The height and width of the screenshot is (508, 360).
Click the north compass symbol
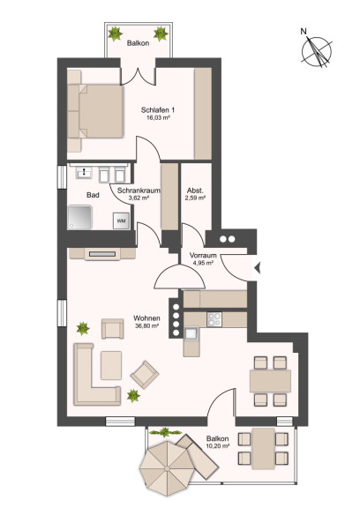[x=317, y=51]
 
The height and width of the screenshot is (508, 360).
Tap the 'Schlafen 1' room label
[x=158, y=110]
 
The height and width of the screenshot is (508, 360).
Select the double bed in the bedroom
[x=95, y=111]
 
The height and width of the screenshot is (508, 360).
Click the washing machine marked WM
[x=121, y=221]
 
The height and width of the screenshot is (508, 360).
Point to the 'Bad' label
[x=93, y=195]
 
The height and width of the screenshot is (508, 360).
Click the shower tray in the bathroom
[x=79, y=217]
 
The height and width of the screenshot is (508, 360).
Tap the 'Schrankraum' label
[x=139, y=190]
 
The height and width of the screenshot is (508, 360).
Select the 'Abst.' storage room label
[x=195, y=190]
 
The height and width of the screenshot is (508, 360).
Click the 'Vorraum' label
[x=203, y=255]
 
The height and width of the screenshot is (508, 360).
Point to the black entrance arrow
[x=258, y=268]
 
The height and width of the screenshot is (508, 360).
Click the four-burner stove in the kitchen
[x=214, y=319]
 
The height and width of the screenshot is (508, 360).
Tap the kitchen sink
[x=191, y=334]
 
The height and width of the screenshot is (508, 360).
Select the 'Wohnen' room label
[x=146, y=318]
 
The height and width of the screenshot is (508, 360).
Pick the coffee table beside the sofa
[x=111, y=365]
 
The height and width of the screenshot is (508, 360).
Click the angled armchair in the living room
[x=145, y=375]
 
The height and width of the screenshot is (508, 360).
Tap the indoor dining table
[x=270, y=381]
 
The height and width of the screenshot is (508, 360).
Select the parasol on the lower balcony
[x=167, y=468]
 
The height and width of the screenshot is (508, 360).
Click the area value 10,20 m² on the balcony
[x=218, y=445]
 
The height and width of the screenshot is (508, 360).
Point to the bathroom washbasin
[x=84, y=172]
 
